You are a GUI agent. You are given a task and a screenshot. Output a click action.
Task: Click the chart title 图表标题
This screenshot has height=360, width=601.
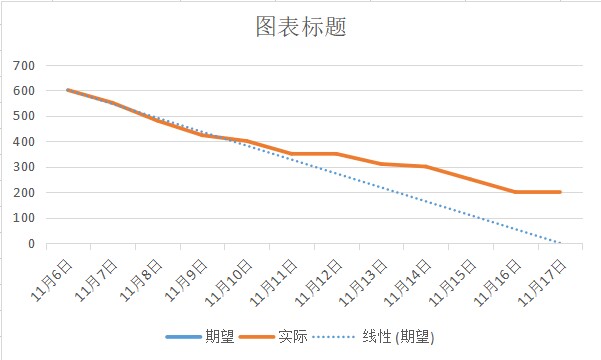click(x=300, y=27)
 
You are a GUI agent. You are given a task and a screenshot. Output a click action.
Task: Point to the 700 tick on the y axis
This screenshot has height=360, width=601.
click(x=24, y=66)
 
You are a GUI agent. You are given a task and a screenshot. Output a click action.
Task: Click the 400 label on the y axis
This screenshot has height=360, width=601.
click(x=24, y=142)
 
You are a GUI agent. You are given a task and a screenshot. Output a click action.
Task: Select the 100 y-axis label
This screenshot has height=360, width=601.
click(x=24, y=218)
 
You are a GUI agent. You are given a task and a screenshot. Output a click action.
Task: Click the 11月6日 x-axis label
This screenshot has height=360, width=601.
click(x=59, y=275)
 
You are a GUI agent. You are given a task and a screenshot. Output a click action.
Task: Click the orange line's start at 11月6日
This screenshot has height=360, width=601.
click(x=67, y=90)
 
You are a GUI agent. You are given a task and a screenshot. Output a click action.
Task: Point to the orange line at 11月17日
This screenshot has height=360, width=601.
click(x=560, y=192)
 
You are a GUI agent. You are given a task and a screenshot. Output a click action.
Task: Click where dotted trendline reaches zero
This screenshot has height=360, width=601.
click(x=560, y=243)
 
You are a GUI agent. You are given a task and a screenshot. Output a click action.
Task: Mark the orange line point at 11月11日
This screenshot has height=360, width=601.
click(x=291, y=154)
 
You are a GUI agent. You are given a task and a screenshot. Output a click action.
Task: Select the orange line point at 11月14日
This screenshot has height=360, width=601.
click(x=426, y=166)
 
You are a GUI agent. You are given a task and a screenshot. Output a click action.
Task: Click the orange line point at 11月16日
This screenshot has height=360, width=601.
click(x=515, y=192)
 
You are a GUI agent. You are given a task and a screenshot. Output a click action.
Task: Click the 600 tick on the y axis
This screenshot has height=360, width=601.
click(x=24, y=91)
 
